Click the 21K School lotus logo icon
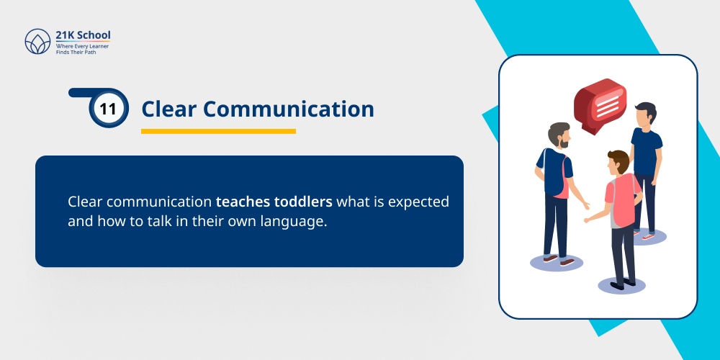pyautogui.click(x=37, y=42)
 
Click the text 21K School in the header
pyautogui.click(x=83, y=35)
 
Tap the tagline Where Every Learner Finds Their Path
pyautogui.click(x=82, y=49)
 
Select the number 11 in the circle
pyautogui.click(x=108, y=109)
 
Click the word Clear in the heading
pyautogui.click(x=168, y=109)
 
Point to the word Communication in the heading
pyautogui.click(x=288, y=109)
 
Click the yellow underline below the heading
pyautogui.click(x=218, y=131)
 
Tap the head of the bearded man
pyautogui.click(x=559, y=135)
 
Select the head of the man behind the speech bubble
pyautogui.click(x=645, y=113)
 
